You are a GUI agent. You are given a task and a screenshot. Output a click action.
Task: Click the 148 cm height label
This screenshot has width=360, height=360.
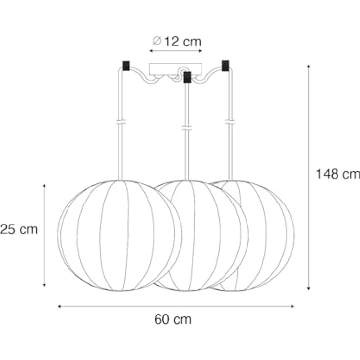pyautogui.click(x=338, y=174)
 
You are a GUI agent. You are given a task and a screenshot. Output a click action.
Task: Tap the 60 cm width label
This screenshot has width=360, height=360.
pyautogui.click(x=173, y=319)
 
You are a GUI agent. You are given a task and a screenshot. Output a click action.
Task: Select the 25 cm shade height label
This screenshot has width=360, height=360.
pyautogui.click(x=19, y=229)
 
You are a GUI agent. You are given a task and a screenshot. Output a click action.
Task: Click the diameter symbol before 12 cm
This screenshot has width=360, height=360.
pyautogui.click(x=157, y=41)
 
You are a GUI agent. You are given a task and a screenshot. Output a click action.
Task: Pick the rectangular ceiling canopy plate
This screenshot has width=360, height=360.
pyautogui.click(x=176, y=69)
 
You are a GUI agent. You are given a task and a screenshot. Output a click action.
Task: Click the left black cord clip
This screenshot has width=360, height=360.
pyautogui.click(x=126, y=66)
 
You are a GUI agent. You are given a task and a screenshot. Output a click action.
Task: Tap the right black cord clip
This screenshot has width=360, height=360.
pyautogui.click(x=225, y=66)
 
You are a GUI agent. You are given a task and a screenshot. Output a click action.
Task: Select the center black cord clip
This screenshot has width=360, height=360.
pyautogui.click(x=187, y=77)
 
